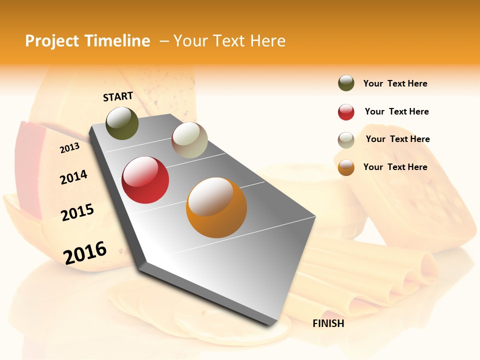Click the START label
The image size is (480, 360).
coord(118,96)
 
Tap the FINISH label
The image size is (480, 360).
coord(328,323)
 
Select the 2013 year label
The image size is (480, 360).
coord(69,148)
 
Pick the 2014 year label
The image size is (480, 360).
coord(73,177)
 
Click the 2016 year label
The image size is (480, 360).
coord(85,252)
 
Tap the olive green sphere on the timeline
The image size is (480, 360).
coord(122,123)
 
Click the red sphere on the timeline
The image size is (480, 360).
coord(145,180)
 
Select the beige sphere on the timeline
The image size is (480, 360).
coord(189,140)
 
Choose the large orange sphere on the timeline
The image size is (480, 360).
coord(216,207)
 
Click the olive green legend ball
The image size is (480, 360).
coord(346,83)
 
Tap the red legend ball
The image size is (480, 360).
coord(346,112)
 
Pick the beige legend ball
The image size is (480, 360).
coord(346,140)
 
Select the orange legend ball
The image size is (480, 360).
coord(346,167)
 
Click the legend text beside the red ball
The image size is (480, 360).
coord(396,111)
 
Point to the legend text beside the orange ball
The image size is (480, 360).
coord(395,167)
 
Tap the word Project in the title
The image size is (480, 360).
coord(52,41)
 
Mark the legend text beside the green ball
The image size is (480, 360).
coord(395,83)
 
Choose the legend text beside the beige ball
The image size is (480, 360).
coord(397,139)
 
